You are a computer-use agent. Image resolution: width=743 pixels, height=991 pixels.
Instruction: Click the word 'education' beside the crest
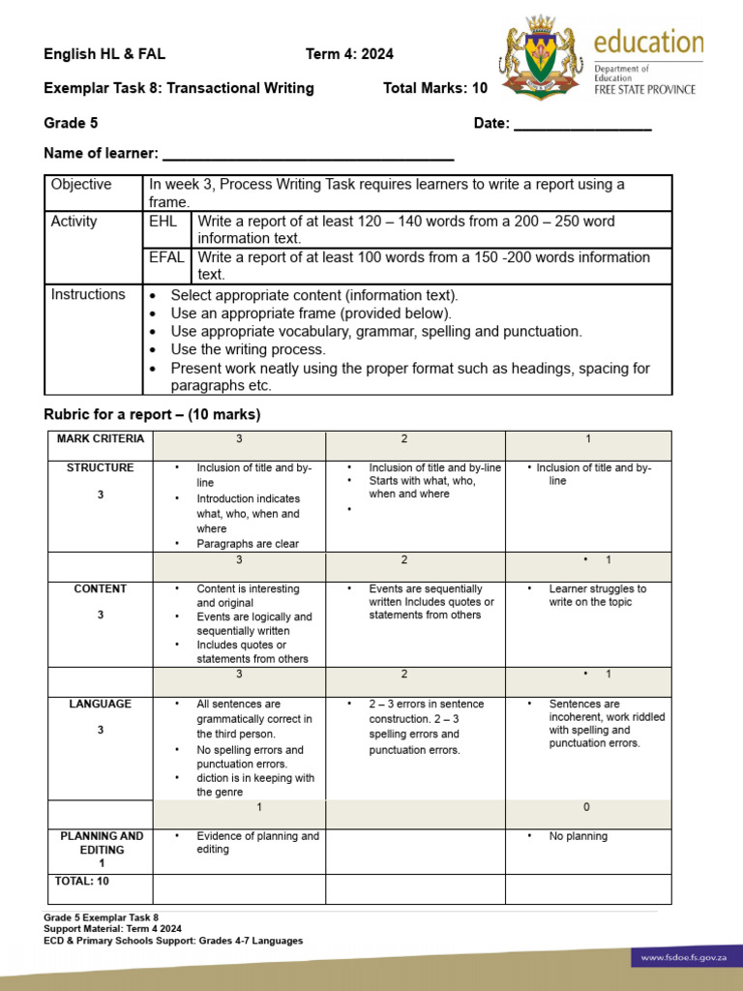pyautogui.click(x=648, y=43)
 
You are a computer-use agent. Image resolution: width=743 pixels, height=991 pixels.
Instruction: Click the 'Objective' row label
pyautogui.click(x=81, y=185)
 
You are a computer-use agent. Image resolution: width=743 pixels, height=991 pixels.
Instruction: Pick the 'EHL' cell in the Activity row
pyautogui.click(x=163, y=222)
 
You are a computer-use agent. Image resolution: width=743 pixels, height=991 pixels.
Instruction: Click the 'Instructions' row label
pyautogui.click(x=88, y=294)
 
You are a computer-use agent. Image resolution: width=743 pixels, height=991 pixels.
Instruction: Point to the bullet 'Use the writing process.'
pyautogui.click(x=248, y=349)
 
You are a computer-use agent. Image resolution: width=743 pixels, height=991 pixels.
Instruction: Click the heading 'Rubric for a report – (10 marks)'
pyautogui.click(x=152, y=415)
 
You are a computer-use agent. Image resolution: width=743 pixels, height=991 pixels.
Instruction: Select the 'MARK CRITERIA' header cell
pyautogui.click(x=100, y=439)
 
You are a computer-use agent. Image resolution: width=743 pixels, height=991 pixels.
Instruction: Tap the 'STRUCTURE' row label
pyautogui.click(x=100, y=468)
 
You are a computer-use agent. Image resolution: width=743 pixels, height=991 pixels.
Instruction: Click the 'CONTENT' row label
pyautogui.click(x=100, y=589)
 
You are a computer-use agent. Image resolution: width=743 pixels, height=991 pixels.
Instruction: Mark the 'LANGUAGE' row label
pyautogui.click(x=100, y=705)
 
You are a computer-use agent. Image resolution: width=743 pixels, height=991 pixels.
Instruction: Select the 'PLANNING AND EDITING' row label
pyautogui.click(x=101, y=843)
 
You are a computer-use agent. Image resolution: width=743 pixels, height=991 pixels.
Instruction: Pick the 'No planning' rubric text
pyautogui.click(x=578, y=836)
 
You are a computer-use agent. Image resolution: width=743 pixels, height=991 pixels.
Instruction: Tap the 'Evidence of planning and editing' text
pyautogui.click(x=256, y=843)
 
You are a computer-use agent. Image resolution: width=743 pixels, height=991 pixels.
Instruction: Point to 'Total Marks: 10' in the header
pyautogui.click(x=435, y=88)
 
